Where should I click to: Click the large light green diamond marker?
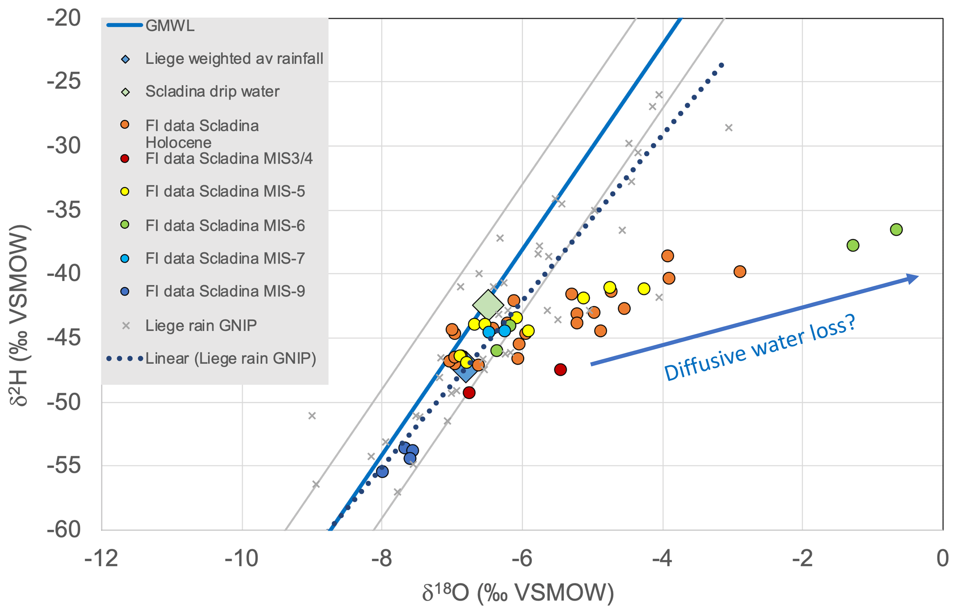[488, 305]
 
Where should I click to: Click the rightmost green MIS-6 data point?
[896, 230]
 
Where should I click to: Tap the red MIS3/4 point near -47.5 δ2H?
[560, 370]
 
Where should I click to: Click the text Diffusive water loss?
[760, 348]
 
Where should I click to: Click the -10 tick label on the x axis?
[242, 559]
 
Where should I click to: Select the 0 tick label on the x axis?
[942, 559]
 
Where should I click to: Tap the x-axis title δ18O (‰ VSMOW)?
[518, 593]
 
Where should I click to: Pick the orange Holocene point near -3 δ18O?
[740, 272]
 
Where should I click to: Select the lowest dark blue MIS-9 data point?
[382, 472]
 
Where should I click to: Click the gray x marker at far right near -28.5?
[729, 128]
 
